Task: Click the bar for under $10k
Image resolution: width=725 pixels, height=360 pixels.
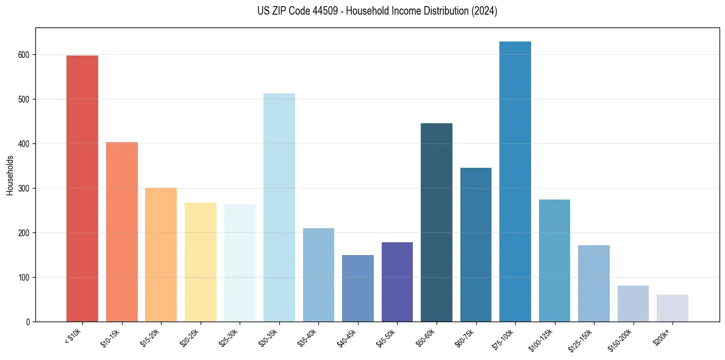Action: pyautogui.click(x=82, y=189)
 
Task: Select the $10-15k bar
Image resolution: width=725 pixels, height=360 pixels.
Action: pyautogui.click(x=122, y=232)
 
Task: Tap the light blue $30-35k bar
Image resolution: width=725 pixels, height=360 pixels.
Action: pyautogui.click(x=279, y=207)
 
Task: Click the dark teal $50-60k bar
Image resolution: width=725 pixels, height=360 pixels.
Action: pyautogui.click(x=437, y=223)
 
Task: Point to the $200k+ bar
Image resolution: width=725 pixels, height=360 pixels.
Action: pyautogui.click(x=673, y=308)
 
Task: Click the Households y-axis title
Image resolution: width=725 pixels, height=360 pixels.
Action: pyautogui.click(x=10, y=175)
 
